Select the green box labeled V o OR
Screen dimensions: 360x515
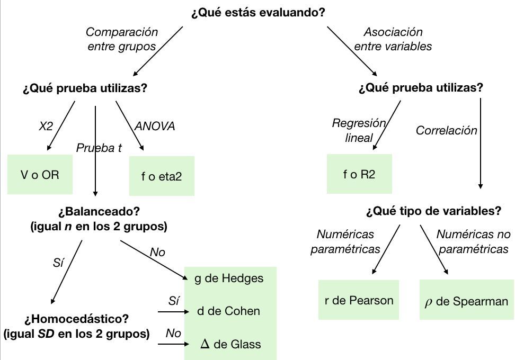pyautogui.click(x=40, y=175)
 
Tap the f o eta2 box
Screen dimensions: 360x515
pyautogui.click(x=162, y=176)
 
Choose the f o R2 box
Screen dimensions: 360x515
pyautogui.click(x=359, y=174)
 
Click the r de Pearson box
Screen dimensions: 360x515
pyautogui.click(x=359, y=300)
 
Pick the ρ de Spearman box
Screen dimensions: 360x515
pyautogui.click(x=466, y=301)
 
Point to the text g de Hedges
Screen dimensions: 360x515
pyautogui.click(x=228, y=278)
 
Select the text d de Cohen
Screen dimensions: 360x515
pyautogui.click(x=228, y=311)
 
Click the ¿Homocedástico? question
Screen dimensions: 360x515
pyautogui.click(x=77, y=320)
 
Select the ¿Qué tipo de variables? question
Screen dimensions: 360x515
pyautogui.click(x=433, y=211)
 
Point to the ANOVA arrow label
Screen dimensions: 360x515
pyautogui.click(x=154, y=127)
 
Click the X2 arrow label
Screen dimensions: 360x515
pyautogui.click(x=46, y=127)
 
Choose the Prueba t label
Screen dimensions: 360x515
pyautogui.click(x=99, y=148)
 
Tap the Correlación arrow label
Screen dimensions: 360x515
pyautogui.click(x=446, y=130)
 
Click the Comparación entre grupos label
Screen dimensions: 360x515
pyautogui.click(x=122, y=39)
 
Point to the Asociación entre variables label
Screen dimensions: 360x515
pyautogui.click(x=393, y=39)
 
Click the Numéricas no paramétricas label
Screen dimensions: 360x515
pyautogui.click(x=473, y=241)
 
